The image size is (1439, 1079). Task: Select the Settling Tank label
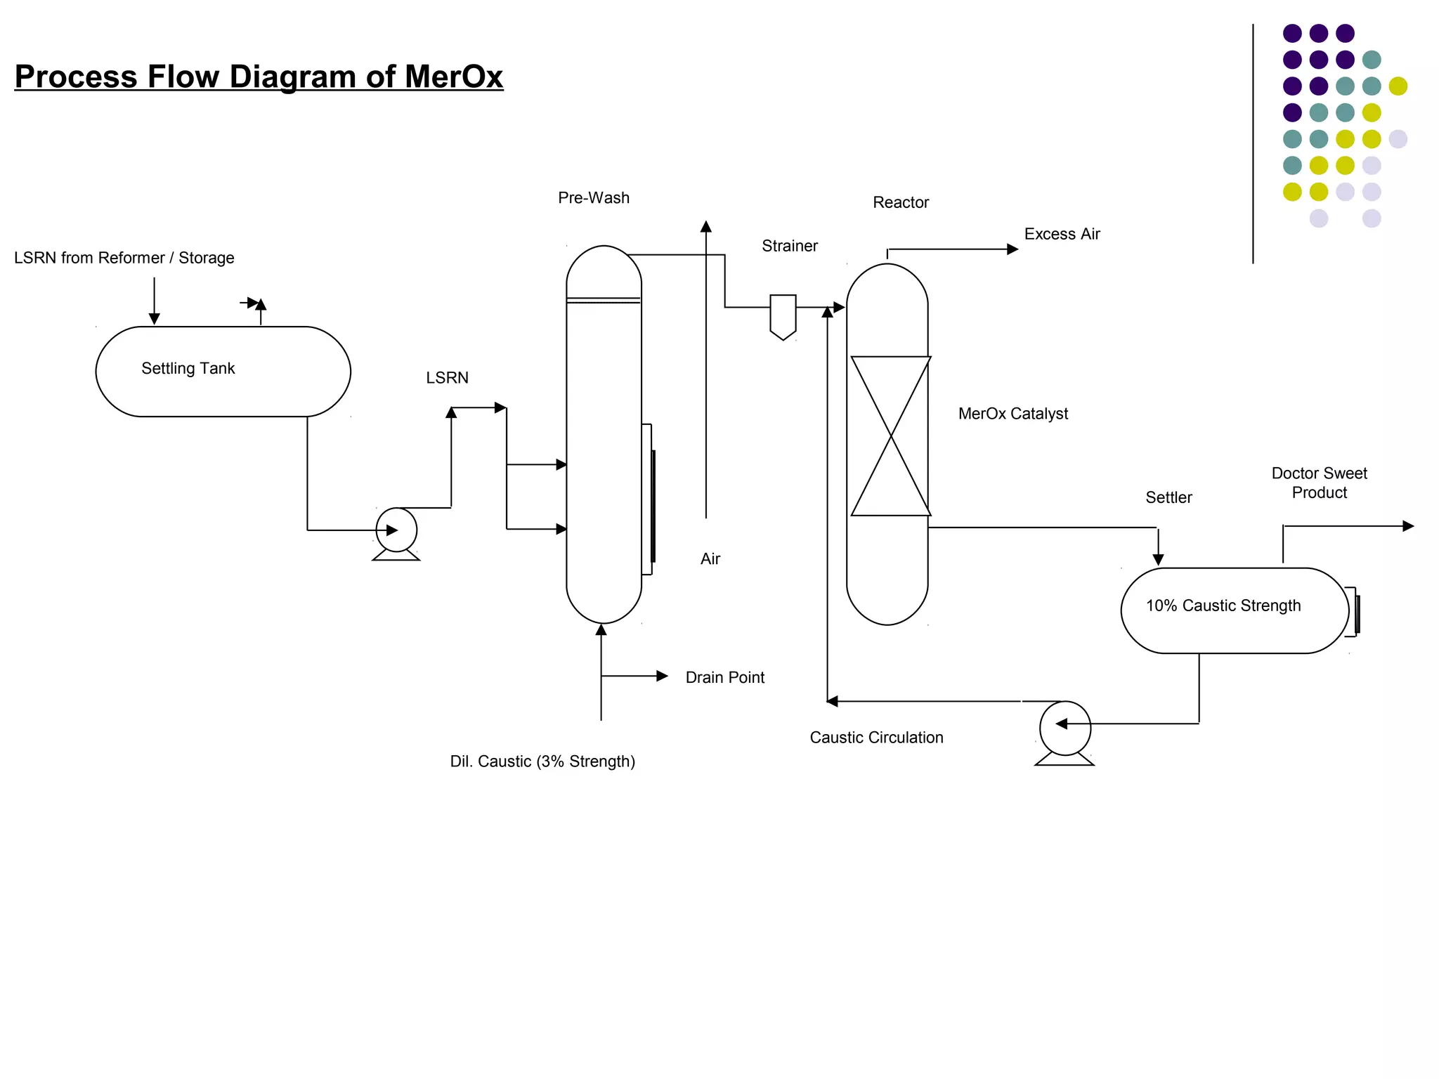point(188,368)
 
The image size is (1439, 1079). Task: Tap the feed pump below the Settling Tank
point(396,531)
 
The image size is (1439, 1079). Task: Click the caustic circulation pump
point(1064,728)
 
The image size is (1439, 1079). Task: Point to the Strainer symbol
point(783,315)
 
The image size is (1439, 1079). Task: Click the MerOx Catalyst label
point(1012,414)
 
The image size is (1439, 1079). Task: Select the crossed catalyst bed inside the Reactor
point(890,436)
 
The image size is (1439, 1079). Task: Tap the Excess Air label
point(1062,234)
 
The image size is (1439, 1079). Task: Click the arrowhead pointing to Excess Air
point(1012,249)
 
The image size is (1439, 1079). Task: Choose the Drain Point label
point(724,677)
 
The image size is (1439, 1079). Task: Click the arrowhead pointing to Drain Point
point(662,676)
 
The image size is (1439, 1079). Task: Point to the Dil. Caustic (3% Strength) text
point(542,761)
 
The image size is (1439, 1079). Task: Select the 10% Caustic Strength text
point(1223,606)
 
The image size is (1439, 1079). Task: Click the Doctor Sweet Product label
point(1319,483)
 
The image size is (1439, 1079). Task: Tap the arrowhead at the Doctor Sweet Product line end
point(1408,525)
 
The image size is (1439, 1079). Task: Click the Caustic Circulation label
point(876,738)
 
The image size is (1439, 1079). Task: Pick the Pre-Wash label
point(594,198)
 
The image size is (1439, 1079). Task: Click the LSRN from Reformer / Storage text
point(124,258)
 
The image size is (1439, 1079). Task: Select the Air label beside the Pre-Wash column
point(710,558)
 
